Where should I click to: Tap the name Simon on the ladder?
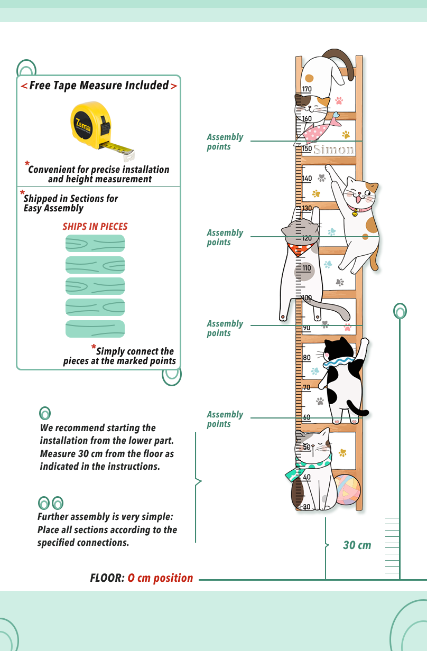333,150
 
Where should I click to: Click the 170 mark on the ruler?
307,89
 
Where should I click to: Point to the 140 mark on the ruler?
307,179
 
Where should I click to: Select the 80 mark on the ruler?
307,358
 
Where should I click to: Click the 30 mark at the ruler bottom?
307,507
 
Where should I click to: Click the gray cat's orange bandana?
301,248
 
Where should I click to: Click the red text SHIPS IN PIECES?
95,227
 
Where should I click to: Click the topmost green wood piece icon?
95,244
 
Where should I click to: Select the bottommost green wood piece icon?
95,329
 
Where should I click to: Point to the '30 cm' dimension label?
357,545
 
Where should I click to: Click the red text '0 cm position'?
160,578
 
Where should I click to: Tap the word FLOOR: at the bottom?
107,578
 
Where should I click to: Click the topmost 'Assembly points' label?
225,142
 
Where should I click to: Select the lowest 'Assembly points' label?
225,419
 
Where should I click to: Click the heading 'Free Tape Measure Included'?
99,86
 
